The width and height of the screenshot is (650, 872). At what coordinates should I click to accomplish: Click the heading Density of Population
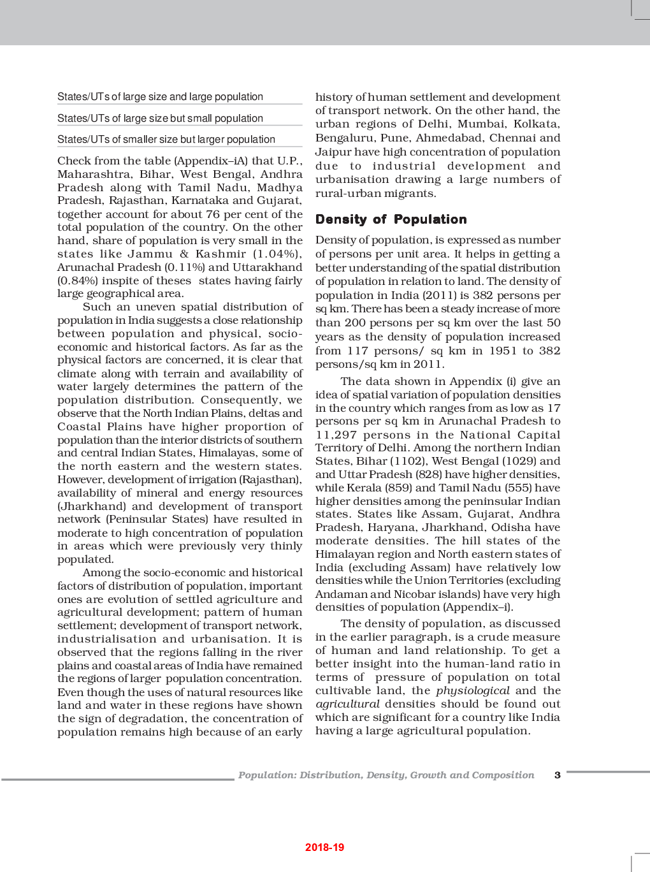tap(391, 219)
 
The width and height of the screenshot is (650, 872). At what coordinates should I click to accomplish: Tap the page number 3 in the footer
tap(558, 775)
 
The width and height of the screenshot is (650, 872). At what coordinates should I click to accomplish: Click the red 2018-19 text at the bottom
tap(324, 847)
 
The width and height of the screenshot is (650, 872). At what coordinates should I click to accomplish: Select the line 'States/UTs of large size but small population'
tap(160, 119)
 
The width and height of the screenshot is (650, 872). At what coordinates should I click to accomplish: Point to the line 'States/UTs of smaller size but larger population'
tap(166, 140)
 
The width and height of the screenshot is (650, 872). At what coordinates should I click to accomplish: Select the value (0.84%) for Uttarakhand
tap(75, 280)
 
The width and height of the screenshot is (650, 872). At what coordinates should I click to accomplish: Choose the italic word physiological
tap(473, 690)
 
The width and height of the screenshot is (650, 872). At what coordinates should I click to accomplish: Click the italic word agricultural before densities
tap(348, 704)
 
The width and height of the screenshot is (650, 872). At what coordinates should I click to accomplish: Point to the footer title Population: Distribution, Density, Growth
tap(386, 775)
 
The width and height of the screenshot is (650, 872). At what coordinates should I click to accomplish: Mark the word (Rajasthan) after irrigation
tap(268, 479)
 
